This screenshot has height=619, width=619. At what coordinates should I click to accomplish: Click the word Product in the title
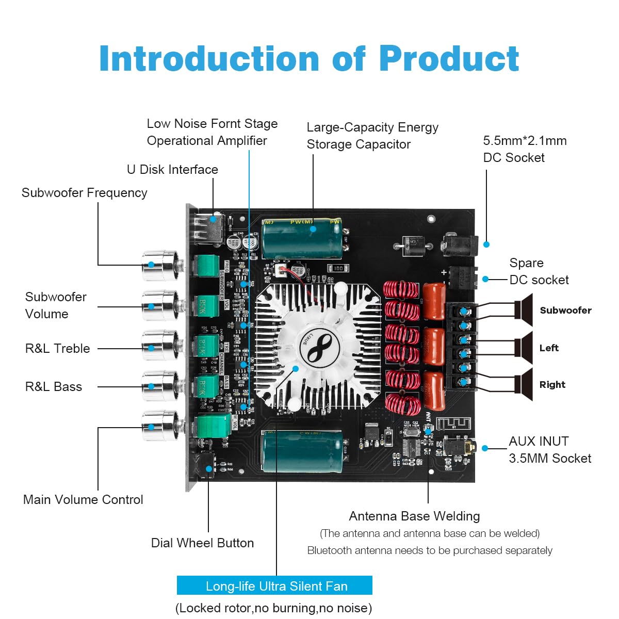[448, 59]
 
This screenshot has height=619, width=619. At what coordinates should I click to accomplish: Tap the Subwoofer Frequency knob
[160, 265]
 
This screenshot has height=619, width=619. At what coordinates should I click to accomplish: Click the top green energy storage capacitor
[302, 238]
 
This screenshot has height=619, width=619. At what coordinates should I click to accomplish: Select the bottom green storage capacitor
[302, 452]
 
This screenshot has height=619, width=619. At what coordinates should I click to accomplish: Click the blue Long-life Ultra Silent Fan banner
[274, 585]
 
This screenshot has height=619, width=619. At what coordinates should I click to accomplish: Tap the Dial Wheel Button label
[202, 543]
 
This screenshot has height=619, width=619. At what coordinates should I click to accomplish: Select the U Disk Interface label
[172, 169]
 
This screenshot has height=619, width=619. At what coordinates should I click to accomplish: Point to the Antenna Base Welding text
[414, 516]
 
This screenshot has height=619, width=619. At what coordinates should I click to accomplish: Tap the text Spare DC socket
[539, 271]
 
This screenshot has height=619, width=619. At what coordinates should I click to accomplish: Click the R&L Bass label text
[54, 386]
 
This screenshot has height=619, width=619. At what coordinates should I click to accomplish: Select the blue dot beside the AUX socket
[485, 448]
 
